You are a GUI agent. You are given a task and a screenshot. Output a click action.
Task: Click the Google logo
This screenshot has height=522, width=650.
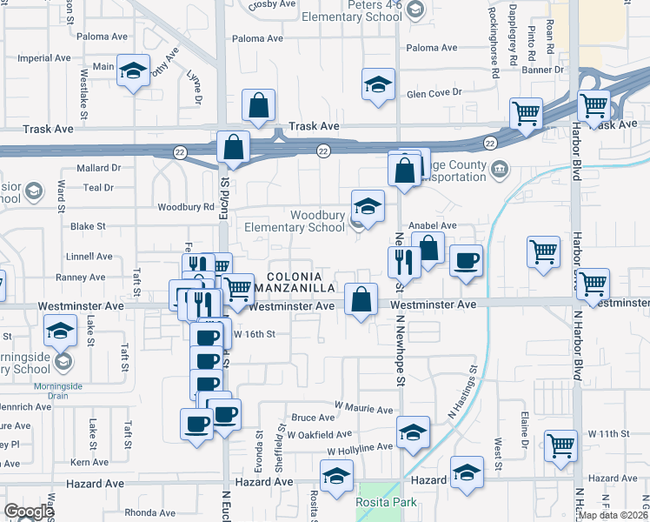point(29,512)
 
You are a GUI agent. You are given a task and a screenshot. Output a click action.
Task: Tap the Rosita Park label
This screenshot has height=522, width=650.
point(386,502)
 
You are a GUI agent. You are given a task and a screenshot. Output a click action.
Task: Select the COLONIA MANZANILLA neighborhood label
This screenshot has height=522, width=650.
point(300,279)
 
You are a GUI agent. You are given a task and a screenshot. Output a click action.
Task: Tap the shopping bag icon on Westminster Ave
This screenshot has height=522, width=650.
point(361,299)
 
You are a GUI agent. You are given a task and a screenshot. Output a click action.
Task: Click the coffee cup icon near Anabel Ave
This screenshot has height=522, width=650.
point(467,260)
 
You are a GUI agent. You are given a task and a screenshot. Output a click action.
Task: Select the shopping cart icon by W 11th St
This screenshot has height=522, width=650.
point(561,445)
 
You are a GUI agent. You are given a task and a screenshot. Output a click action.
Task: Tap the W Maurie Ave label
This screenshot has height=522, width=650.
point(364,408)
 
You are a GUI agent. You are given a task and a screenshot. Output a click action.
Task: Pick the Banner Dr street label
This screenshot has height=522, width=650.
point(542,70)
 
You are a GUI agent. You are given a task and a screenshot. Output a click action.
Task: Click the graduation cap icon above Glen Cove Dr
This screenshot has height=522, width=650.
point(378,84)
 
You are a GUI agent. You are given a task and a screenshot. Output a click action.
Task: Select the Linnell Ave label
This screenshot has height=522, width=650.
point(90,257)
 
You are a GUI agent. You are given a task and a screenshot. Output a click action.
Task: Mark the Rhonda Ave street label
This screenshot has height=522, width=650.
point(150,512)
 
